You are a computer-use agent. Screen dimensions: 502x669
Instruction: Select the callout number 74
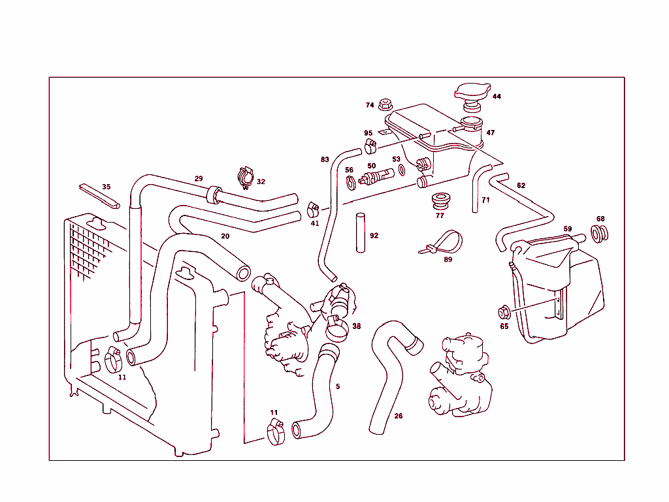[370, 105]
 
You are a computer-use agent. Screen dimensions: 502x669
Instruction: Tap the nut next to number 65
[504, 312]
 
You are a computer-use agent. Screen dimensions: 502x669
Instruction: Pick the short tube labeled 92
[360, 232]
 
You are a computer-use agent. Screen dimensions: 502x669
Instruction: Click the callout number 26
[399, 415]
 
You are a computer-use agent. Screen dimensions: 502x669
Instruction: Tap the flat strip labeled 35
[99, 196]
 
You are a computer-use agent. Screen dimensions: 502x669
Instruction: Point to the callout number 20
[225, 236]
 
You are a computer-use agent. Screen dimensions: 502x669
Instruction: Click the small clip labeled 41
[313, 209]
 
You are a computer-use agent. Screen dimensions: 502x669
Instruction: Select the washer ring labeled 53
[401, 171]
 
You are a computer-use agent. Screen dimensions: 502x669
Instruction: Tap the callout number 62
[521, 185]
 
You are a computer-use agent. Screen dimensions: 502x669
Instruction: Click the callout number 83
[325, 159]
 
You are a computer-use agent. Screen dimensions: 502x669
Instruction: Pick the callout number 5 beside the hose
[338, 386]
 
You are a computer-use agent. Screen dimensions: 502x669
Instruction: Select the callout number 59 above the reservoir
[568, 229]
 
